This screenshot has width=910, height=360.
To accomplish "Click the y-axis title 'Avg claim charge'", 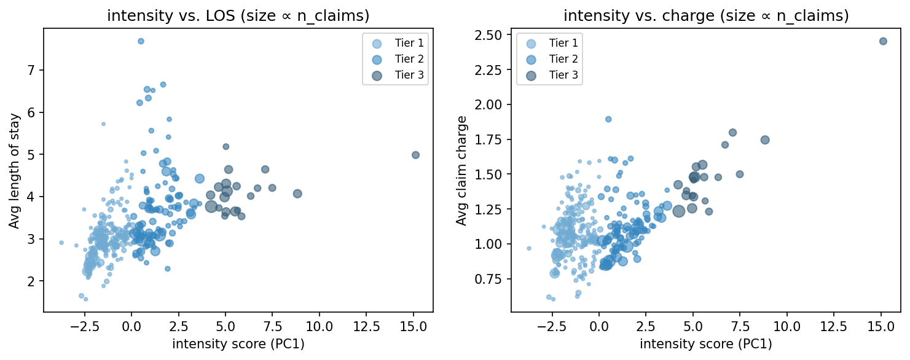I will [x=461, y=170].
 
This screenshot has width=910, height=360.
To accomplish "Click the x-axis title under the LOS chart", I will [x=238, y=345].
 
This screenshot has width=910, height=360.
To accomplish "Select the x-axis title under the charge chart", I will [x=706, y=345].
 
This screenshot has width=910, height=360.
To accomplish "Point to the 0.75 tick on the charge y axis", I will [x=492, y=280].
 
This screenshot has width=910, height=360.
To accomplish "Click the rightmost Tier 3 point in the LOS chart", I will [x=415, y=155].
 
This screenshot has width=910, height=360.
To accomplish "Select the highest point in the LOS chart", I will [x=141, y=41].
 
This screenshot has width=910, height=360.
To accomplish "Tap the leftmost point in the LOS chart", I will [x=61, y=243].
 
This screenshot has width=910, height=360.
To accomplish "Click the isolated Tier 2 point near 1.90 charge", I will [x=608, y=119].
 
